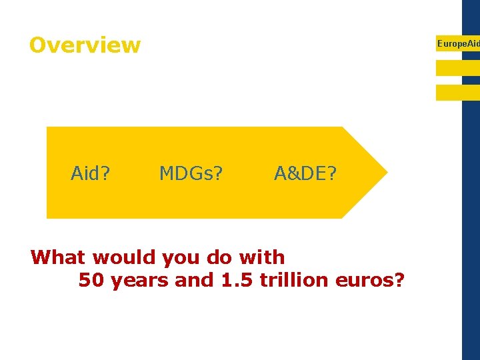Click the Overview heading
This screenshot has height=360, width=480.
(x=85, y=45)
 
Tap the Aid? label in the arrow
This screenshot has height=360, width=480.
(x=91, y=174)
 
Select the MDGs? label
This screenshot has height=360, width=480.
(x=191, y=174)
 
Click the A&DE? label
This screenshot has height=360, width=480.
(x=306, y=174)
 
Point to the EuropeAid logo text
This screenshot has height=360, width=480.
(x=457, y=43)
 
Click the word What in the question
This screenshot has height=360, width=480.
(x=59, y=257)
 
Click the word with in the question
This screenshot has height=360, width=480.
(x=265, y=257)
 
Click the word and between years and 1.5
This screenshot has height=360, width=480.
(x=193, y=280)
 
